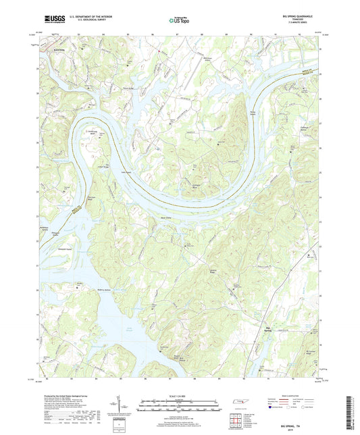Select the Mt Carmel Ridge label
tap(311, 353)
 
